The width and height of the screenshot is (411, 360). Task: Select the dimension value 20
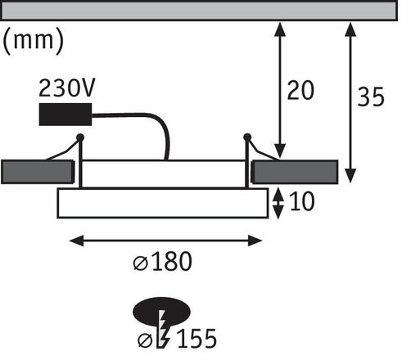301,91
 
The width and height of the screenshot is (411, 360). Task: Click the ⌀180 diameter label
165,262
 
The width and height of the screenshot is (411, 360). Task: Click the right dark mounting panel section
294,172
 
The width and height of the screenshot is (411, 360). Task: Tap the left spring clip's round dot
80,136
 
